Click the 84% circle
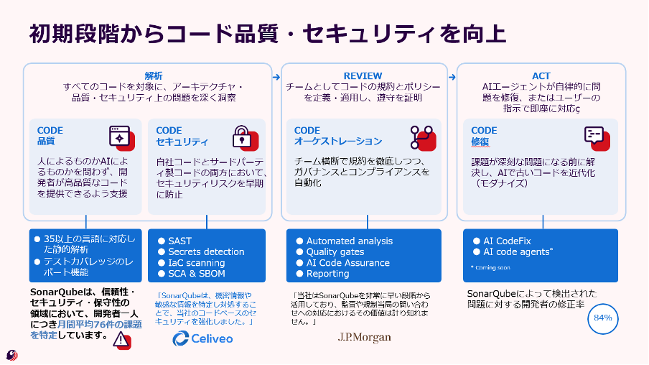click(x=602, y=318)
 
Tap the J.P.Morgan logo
click(x=364, y=336)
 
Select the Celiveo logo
click(x=202, y=338)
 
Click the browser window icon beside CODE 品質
click(x=121, y=137)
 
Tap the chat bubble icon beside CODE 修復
click(x=596, y=137)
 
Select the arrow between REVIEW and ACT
click(x=452, y=75)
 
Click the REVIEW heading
click(x=363, y=75)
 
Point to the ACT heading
click(x=541, y=75)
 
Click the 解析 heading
click(x=154, y=75)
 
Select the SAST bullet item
click(x=179, y=241)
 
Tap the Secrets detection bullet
click(x=206, y=252)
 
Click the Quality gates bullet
click(x=335, y=252)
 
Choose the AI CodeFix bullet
click(x=507, y=241)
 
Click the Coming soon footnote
click(x=491, y=267)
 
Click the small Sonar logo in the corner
click(x=12, y=354)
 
